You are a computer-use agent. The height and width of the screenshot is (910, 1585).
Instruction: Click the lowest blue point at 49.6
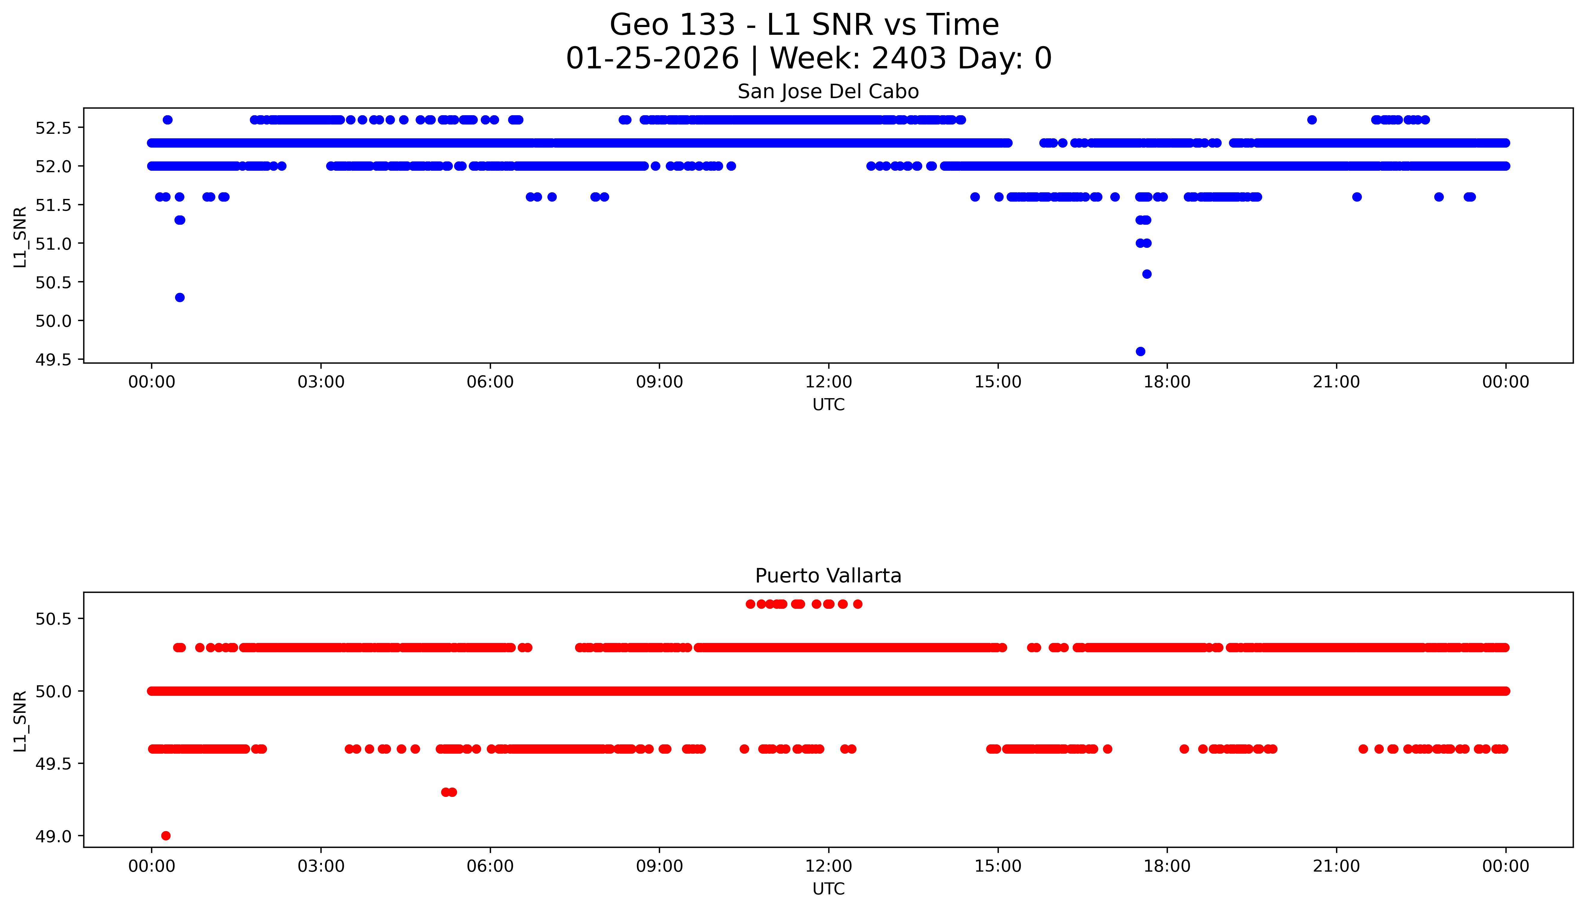pyautogui.click(x=1140, y=351)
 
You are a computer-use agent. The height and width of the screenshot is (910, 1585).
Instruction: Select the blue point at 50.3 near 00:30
pyautogui.click(x=180, y=298)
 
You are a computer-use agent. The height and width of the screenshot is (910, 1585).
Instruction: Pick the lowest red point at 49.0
pyautogui.click(x=166, y=836)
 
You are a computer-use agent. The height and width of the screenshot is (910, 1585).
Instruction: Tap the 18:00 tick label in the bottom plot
pyautogui.click(x=1167, y=866)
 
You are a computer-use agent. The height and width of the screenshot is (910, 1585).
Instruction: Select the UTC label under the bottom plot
pyautogui.click(x=828, y=889)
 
